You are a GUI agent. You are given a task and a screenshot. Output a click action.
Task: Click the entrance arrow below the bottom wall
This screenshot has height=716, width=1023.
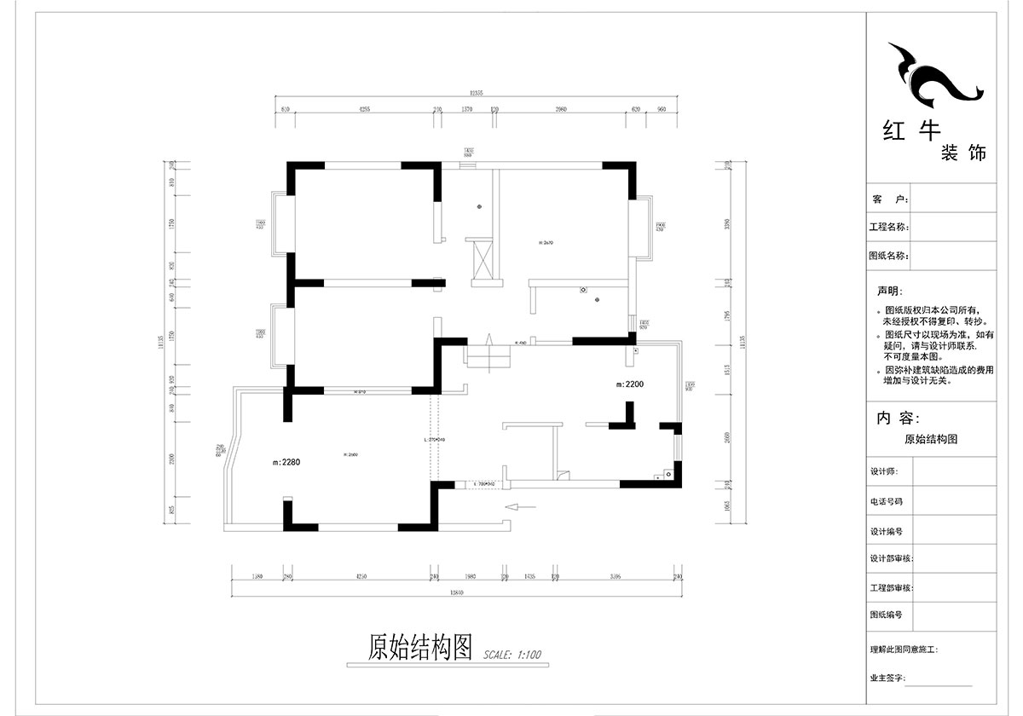pos(519,506)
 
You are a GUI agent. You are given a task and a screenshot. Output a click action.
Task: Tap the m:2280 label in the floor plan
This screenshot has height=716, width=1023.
pos(286,462)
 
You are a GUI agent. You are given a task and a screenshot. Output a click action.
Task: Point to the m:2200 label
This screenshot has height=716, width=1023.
pos(630,384)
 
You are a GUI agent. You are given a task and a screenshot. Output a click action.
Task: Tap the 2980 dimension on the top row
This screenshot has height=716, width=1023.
pos(561,109)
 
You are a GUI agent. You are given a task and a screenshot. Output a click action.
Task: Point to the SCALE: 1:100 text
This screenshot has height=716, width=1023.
pos(512,655)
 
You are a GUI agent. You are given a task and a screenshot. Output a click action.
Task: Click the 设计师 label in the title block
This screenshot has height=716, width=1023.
pos(884,471)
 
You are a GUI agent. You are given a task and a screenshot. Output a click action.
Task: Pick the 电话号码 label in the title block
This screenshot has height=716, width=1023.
pos(886,502)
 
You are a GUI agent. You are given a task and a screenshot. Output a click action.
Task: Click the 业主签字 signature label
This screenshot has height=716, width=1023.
pos(887,678)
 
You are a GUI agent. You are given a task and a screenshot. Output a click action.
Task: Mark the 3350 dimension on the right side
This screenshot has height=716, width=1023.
pos(727,225)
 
